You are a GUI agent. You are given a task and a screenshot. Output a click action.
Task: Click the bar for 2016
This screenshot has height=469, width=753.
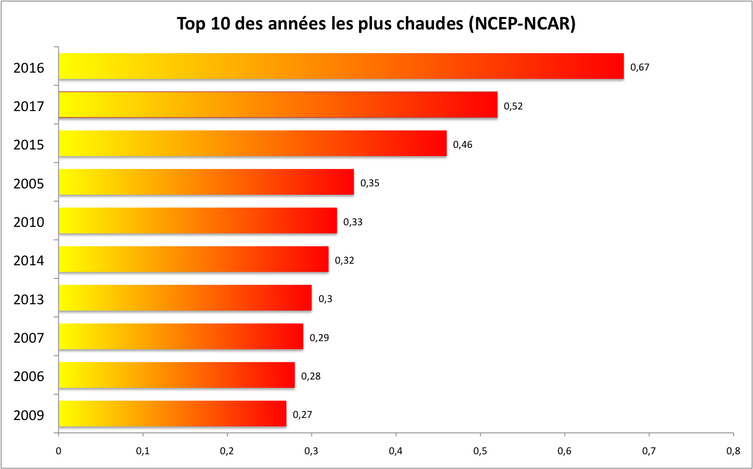[341, 66]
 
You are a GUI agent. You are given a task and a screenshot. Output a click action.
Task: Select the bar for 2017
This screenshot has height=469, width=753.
[278, 105]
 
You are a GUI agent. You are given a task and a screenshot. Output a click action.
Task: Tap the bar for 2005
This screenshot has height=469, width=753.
[206, 182]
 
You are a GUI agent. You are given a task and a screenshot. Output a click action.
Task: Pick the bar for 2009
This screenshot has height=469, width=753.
[173, 414]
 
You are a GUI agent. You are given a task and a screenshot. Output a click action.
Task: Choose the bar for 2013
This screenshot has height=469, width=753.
[185, 298]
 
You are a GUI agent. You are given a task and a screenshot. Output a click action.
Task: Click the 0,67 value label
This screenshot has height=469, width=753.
[640, 67]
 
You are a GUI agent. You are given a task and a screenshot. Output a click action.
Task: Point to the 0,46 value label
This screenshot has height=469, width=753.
[463, 145]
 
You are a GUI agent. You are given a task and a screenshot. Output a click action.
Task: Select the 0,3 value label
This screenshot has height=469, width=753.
[325, 299]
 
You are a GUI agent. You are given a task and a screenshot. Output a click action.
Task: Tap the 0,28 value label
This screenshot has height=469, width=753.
[310, 376]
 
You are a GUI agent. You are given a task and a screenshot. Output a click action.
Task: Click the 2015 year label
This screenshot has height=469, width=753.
[29, 145]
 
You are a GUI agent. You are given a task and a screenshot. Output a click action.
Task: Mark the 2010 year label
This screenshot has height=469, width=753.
[29, 222]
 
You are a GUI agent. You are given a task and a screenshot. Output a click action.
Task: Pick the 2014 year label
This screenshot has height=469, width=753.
[29, 261]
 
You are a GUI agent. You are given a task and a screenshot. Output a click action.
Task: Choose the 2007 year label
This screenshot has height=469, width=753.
[29, 338]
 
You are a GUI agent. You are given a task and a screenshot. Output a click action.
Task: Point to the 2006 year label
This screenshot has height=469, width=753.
[29, 377]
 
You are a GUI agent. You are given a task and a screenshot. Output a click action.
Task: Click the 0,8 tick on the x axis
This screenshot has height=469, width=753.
[733, 451]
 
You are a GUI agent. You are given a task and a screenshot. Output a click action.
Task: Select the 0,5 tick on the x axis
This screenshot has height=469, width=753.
[480, 451]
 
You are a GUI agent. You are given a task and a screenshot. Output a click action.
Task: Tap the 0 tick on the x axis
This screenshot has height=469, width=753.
[58, 451]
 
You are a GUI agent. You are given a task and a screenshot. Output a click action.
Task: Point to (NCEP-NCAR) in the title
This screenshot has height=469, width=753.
[522, 24]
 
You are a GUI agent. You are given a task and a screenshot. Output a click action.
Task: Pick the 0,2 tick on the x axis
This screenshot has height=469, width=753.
[227, 451]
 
